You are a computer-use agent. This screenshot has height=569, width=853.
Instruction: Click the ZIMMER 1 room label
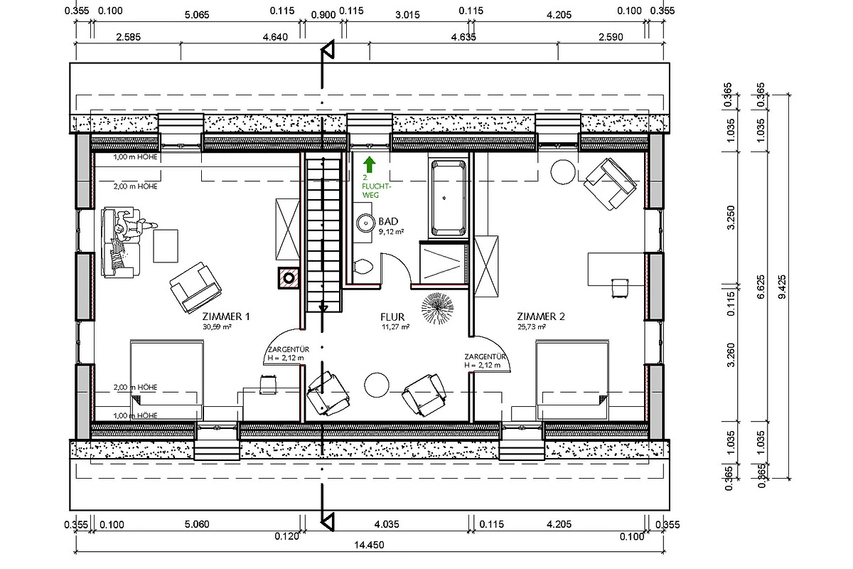226,317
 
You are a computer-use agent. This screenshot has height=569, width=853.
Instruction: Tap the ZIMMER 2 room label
541,317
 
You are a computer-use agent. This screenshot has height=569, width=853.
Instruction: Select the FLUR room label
392,317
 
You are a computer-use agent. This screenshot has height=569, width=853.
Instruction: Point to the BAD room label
388,221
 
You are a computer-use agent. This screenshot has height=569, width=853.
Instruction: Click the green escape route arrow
369,164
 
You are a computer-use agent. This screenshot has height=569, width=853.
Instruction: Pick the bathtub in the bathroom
449,198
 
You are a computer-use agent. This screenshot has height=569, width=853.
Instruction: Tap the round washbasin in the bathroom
365,223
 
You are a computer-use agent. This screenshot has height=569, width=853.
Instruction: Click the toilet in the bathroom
363,267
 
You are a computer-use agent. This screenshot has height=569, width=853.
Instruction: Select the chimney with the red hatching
289,278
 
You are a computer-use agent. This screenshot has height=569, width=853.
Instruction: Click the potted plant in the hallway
438,308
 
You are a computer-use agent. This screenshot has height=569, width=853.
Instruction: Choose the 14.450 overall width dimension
369,545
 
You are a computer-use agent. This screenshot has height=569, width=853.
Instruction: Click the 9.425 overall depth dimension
782,287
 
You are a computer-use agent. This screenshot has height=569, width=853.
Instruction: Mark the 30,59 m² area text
217,326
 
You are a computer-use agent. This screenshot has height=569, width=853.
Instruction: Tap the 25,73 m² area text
532,326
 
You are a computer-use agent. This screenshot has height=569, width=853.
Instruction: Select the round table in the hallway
377,385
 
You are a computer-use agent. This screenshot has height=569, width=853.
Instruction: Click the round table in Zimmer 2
563,172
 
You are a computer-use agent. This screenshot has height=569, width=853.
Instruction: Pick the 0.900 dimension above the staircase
323,15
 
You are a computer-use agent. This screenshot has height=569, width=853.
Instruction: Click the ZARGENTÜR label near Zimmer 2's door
485,357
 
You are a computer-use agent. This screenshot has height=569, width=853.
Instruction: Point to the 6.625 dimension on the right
761,287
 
